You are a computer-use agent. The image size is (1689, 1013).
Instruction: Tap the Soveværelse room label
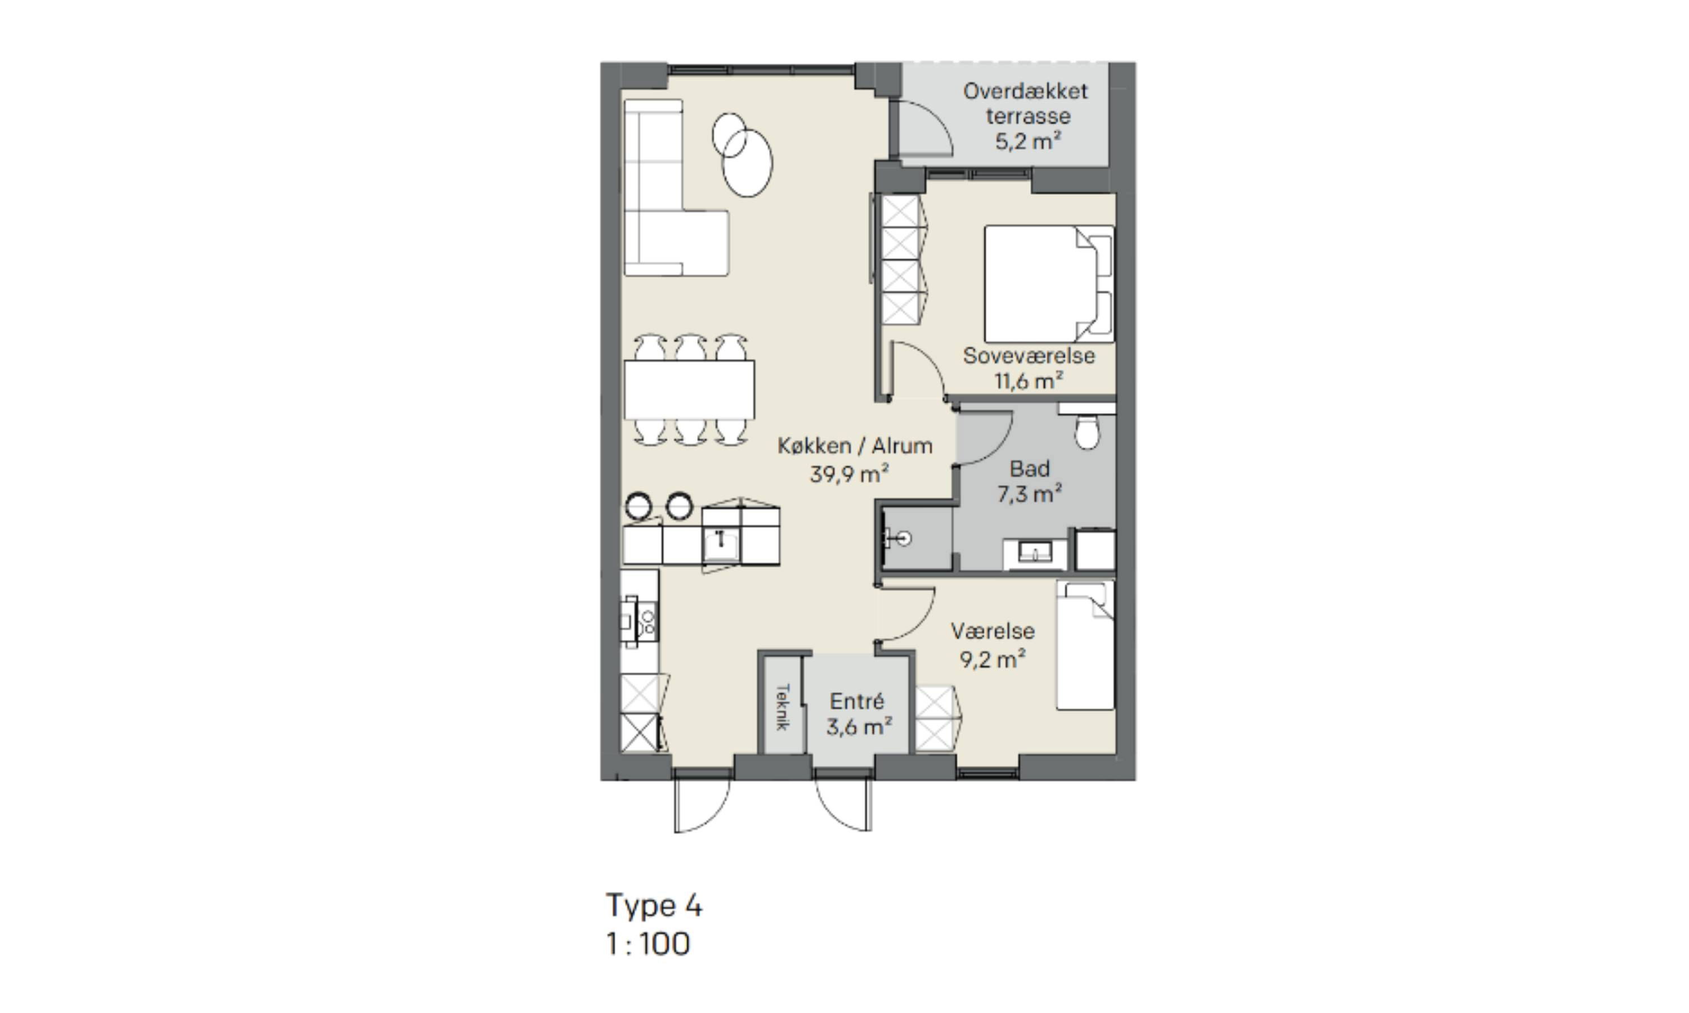point(1029,356)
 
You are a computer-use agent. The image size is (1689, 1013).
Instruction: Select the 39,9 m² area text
point(849,473)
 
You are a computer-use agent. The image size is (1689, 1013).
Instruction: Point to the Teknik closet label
point(783,706)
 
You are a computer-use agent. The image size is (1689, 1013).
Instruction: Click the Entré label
point(857,701)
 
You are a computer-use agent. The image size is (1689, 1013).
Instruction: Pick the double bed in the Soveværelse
point(1049,284)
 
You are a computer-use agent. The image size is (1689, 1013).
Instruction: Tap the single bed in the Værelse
point(1085,645)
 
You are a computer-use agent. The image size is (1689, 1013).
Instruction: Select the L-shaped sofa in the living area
point(676,188)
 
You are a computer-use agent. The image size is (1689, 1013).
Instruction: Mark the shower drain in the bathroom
point(905,539)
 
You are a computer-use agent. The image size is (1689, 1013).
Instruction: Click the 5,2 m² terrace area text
point(1027,141)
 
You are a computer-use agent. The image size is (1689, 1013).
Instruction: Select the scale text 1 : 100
point(649,944)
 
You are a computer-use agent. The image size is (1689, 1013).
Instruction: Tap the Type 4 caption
point(654,907)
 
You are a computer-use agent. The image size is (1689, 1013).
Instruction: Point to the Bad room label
point(1030,469)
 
